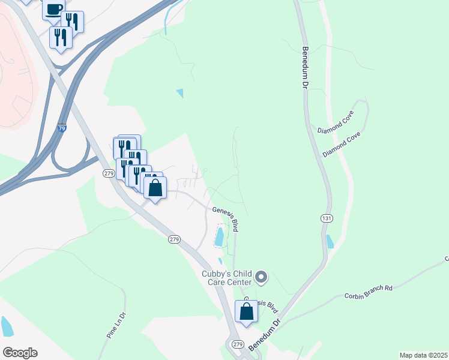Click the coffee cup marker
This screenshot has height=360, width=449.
[54, 8]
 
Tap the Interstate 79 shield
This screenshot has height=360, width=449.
[62, 128]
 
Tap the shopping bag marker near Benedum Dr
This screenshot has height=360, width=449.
[246, 311]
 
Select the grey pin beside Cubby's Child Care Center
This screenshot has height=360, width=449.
[261, 277]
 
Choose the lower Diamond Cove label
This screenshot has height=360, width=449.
[341, 145]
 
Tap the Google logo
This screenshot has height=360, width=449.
[20, 353]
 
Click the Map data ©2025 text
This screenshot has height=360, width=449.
[423, 355]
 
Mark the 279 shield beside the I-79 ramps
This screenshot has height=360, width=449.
[109, 173]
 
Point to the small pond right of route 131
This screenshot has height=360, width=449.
[330, 241]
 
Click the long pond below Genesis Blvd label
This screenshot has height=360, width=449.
[220, 236]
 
